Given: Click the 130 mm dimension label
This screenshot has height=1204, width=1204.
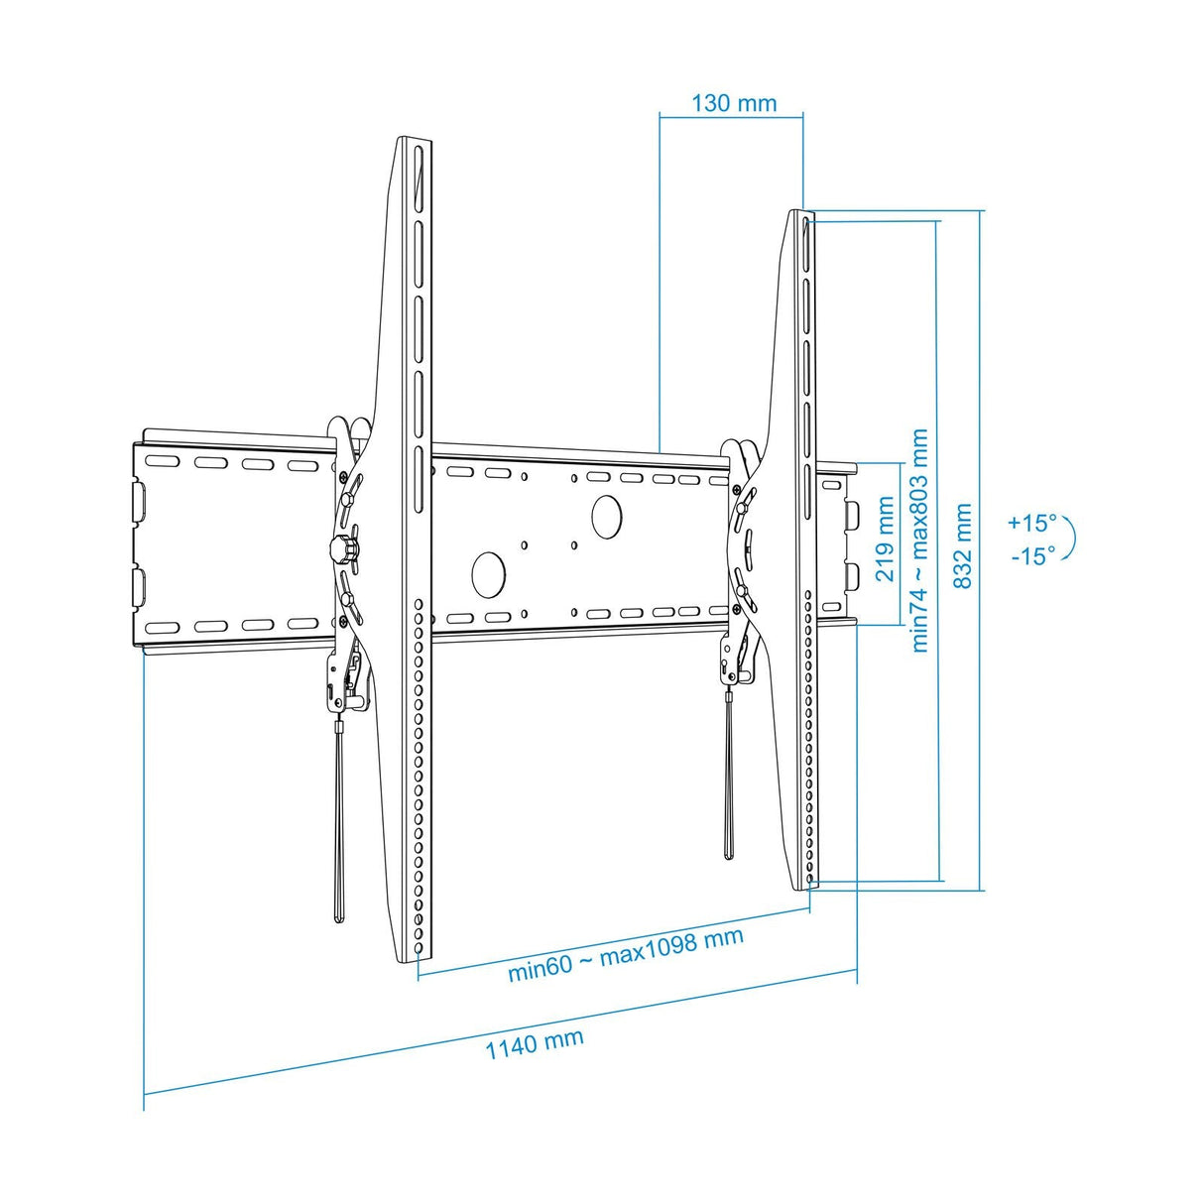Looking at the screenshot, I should click(734, 103).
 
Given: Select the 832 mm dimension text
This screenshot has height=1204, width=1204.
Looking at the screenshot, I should click(962, 546).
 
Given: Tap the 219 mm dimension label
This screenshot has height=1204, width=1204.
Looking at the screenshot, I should click(885, 540).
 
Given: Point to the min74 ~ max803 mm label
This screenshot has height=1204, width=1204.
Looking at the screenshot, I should click(919, 541).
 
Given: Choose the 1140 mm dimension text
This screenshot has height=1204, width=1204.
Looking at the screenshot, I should click(535, 1042).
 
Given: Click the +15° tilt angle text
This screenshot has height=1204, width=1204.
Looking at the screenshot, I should click(1032, 523).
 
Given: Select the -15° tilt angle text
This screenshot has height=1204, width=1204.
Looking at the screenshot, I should click(1032, 556).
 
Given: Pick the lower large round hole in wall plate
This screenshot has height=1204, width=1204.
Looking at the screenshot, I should click(489, 571).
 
